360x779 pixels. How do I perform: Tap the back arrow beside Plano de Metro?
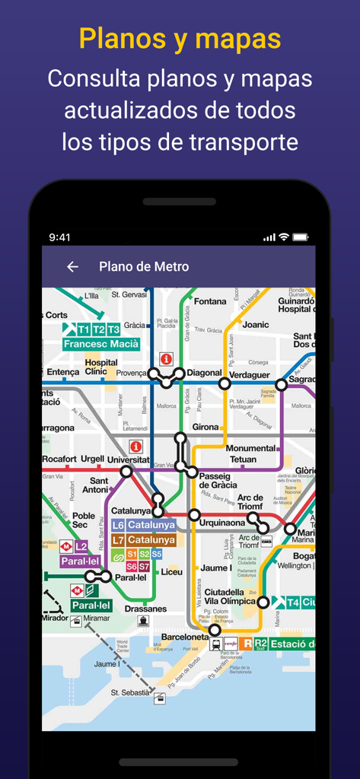[72, 267]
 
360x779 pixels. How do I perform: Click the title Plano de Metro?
[144, 267]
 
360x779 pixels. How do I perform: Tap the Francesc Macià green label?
[102, 344]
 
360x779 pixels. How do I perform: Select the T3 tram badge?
[113, 329]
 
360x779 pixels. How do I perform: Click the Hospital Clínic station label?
[101, 367]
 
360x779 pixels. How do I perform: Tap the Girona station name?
[205, 428]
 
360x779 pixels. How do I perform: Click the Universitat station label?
[128, 460]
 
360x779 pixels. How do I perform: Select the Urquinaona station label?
[222, 523]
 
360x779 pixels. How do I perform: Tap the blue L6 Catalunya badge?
[144, 525]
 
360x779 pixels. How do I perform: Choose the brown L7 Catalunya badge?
[144, 540]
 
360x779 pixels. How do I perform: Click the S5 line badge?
[156, 554]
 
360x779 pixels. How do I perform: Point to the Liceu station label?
[172, 571]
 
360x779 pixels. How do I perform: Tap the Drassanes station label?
[146, 609]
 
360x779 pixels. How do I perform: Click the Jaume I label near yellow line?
[215, 568]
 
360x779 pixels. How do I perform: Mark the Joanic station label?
[256, 325]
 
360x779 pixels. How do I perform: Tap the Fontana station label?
[210, 301]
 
